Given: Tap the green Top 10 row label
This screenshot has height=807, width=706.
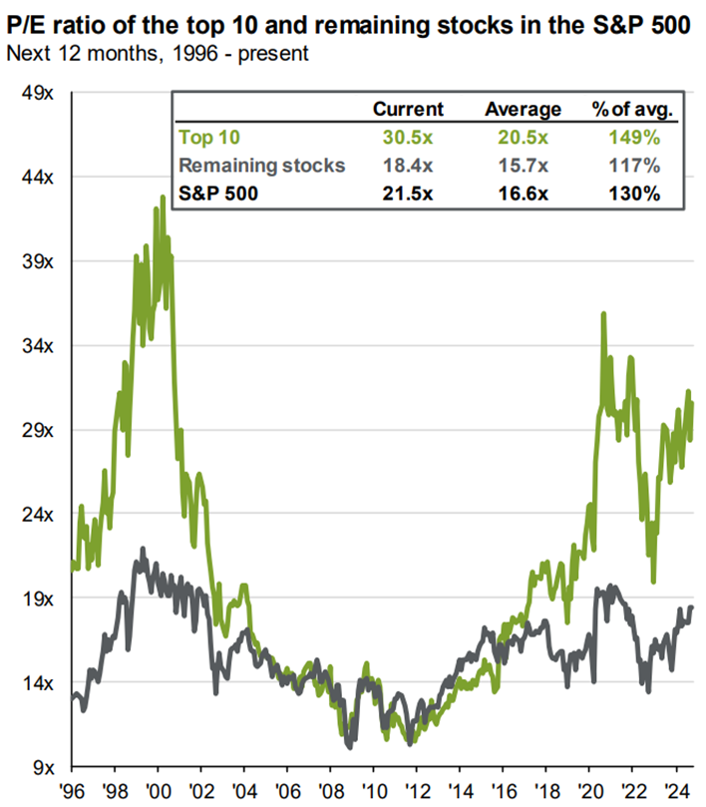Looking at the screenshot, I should click(208, 138).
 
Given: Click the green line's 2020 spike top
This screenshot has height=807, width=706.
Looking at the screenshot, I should click(603, 314).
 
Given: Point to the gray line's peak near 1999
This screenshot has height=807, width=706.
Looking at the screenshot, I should click(144, 549).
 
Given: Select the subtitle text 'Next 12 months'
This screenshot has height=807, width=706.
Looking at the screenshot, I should click(70, 51).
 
